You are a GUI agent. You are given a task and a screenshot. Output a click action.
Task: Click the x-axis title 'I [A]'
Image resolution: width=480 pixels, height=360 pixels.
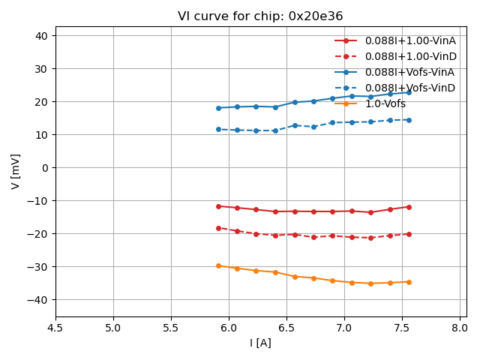[x=260, y=343]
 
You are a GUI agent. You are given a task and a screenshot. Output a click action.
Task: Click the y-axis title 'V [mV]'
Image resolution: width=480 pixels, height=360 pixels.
[x=16, y=171]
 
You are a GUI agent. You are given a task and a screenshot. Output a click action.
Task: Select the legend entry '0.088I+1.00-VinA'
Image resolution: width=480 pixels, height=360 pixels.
[x=410, y=40]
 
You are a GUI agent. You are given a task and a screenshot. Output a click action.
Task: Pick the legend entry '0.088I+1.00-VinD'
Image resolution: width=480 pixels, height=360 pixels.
[x=410, y=56]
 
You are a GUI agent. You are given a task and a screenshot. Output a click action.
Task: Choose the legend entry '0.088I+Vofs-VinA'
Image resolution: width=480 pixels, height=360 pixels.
[x=410, y=72]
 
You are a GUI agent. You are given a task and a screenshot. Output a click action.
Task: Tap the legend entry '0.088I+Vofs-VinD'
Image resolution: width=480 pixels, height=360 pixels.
[x=410, y=88]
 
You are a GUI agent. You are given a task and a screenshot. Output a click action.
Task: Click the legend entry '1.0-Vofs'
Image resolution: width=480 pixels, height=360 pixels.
[x=385, y=103]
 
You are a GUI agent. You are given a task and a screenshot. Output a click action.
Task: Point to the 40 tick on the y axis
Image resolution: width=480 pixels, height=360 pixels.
[x=41, y=36]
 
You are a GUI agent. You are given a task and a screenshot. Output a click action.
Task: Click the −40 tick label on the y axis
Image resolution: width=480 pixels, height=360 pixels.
[x=38, y=300]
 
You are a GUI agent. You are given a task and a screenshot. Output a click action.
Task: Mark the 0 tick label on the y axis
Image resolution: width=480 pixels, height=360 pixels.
[x=46, y=168]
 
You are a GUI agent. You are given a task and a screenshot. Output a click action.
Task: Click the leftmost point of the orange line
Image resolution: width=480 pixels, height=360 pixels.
[x=218, y=265]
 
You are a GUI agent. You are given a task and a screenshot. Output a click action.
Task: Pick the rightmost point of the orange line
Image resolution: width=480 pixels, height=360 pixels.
[x=409, y=282]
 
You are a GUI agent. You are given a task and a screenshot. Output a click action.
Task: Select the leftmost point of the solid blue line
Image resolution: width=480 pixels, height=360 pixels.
[x=218, y=108]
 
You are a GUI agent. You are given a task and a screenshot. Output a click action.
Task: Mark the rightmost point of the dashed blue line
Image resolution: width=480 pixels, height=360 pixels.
[x=409, y=120]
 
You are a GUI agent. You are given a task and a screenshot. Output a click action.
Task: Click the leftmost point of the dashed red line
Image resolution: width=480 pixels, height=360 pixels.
[x=218, y=228]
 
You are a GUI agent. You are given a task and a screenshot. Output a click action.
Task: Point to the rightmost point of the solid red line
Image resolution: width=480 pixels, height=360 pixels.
[x=409, y=207]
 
